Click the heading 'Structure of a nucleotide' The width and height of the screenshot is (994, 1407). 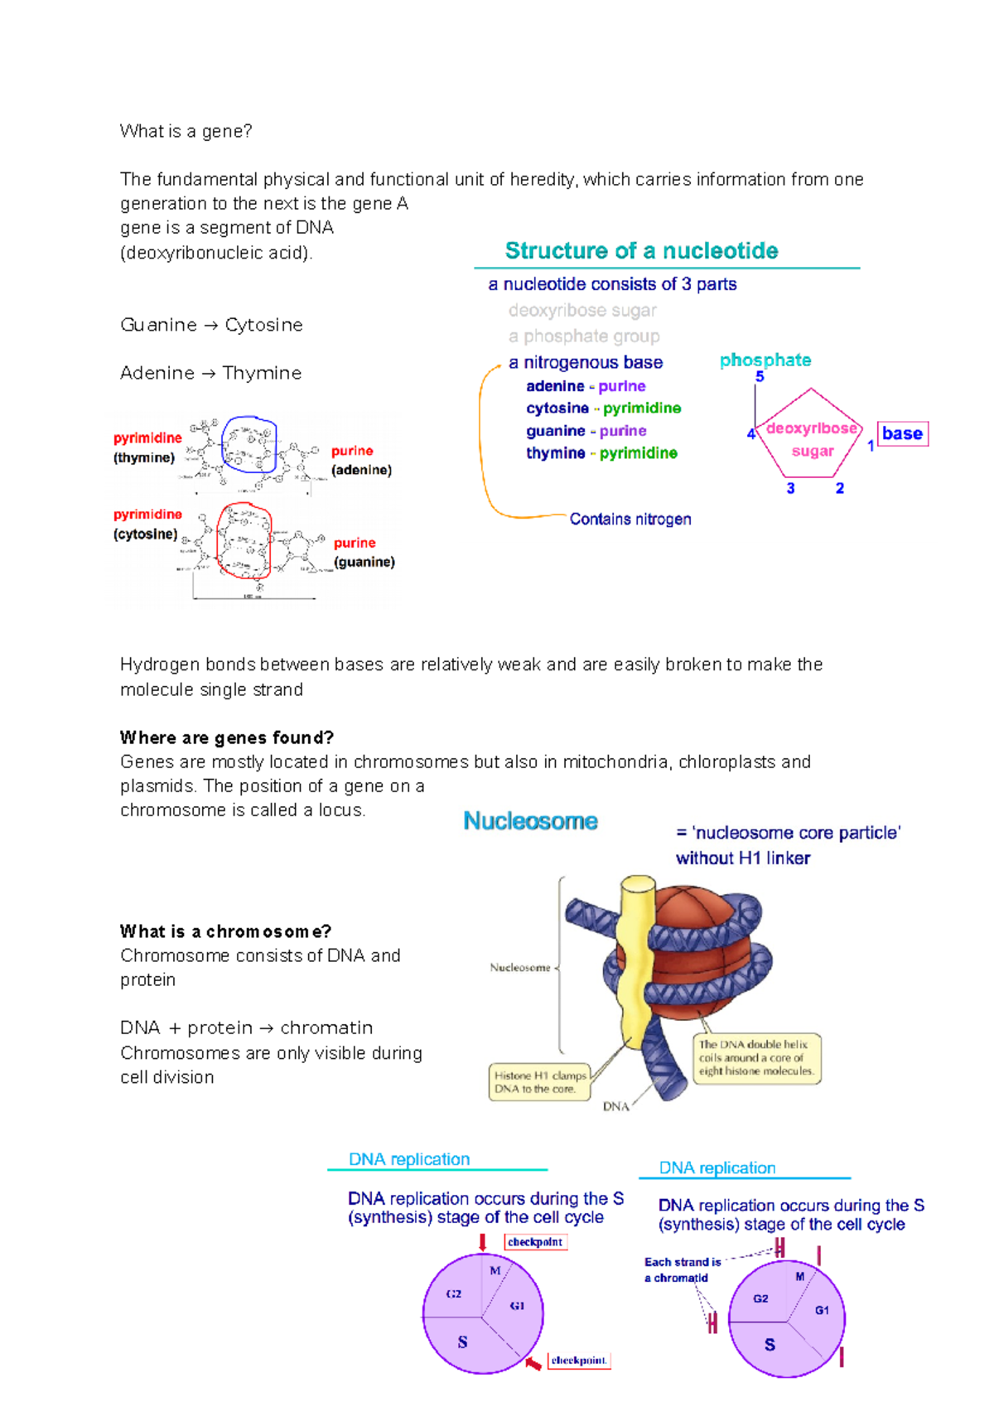pos(641,251)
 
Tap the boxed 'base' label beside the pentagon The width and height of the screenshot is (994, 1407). pos(902,433)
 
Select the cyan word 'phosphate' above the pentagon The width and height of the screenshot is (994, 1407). pos(765,360)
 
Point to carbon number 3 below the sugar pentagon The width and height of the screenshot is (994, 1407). pos(790,488)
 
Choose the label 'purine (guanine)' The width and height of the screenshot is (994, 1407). pos(364,552)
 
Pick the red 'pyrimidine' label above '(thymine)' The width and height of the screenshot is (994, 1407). pos(147,438)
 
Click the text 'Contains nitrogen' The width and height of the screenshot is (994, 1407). pos(630,520)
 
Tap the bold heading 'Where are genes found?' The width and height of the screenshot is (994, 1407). pos(226,737)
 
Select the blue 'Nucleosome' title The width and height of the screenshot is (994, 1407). pos(530,821)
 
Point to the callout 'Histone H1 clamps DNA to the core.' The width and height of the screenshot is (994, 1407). pos(539,1082)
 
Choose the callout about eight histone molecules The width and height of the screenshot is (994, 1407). pos(756,1058)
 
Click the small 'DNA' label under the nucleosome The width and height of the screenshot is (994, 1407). pos(615,1106)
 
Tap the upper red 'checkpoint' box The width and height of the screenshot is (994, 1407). pos(535,1242)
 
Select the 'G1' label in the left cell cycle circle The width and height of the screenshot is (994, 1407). pos(517,1306)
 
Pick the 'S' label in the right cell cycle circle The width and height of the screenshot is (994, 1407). pos(770,1344)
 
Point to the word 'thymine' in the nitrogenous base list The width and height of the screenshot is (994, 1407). pos(555,453)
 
